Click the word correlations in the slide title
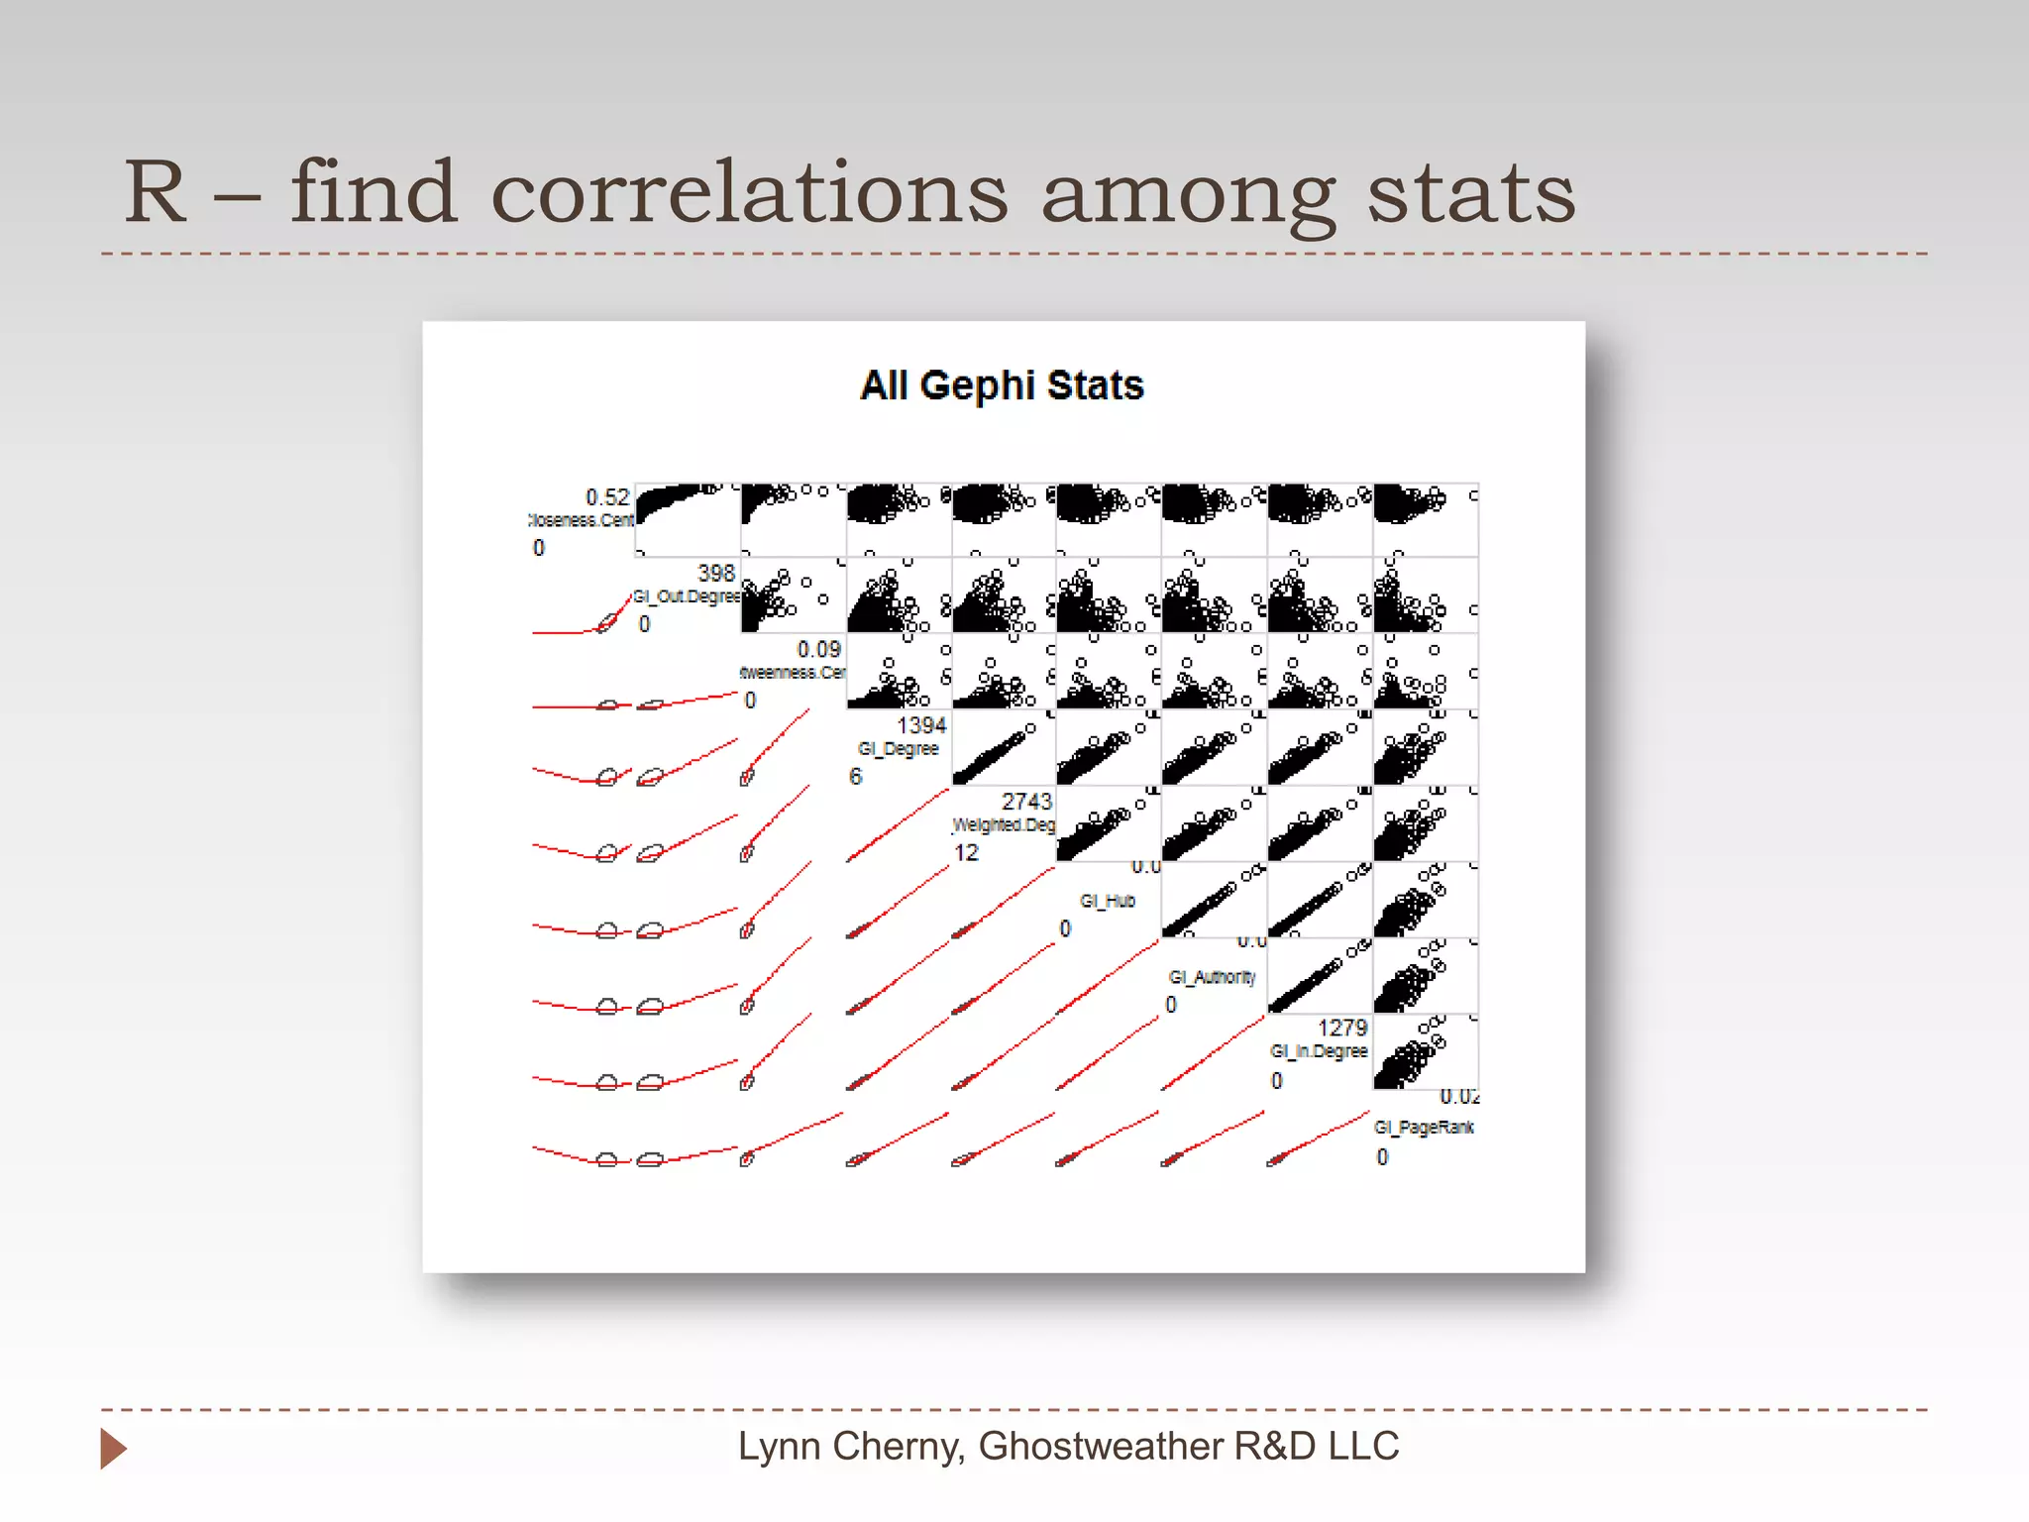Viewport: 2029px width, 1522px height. click(x=749, y=192)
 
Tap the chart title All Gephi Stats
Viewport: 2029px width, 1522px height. click(x=1002, y=385)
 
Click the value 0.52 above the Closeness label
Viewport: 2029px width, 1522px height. click(x=607, y=497)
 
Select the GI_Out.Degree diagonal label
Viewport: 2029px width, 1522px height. click(x=687, y=597)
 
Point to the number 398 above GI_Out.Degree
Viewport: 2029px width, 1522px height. click(x=715, y=574)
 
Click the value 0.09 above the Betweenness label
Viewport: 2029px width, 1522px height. click(x=818, y=650)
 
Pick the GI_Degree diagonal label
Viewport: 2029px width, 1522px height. click(x=898, y=749)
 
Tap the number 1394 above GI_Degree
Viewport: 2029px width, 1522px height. click(x=921, y=726)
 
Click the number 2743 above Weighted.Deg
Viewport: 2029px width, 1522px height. click(x=1026, y=802)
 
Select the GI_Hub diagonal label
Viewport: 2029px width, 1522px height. click(x=1108, y=901)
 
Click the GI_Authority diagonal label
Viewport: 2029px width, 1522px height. click(x=1212, y=977)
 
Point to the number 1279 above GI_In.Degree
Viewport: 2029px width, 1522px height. click(x=1341, y=1029)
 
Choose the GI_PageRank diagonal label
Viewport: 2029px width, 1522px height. click(x=1424, y=1128)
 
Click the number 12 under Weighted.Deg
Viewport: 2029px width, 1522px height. click(x=966, y=853)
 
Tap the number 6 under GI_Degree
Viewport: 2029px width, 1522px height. click(x=856, y=777)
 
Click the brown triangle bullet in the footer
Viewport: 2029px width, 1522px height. click(x=113, y=1449)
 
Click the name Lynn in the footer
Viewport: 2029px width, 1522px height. click(x=779, y=1447)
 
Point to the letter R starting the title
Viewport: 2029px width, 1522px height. click(x=156, y=192)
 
